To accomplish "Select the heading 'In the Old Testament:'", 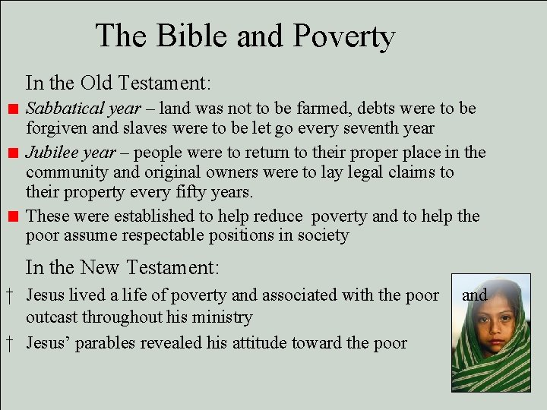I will (x=118, y=81).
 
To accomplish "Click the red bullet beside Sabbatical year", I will (x=13, y=109).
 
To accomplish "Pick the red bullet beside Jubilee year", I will (x=13, y=153).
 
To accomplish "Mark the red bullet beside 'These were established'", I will (x=13, y=217).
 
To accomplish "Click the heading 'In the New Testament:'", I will (x=122, y=267).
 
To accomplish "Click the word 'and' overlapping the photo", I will (x=475, y=295).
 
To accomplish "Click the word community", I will (x=66, y=172).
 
